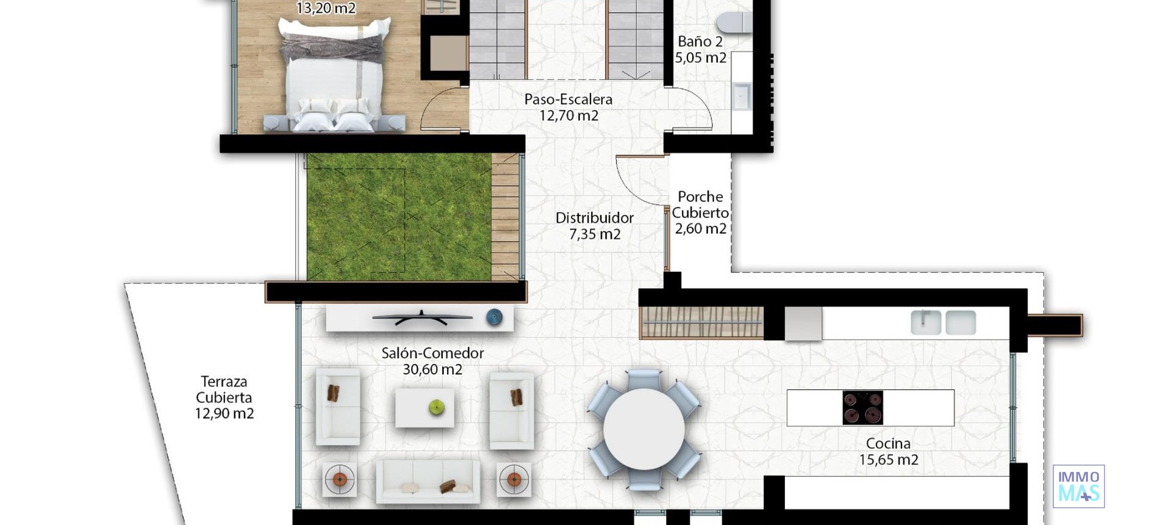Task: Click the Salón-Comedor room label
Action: (x=432, y=353)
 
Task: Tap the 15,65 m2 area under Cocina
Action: (x=888, y=460)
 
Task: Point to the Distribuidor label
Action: (x=594, y=218)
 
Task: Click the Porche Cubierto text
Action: (x=700, y=205)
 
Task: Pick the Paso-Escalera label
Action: (x=568, y=100)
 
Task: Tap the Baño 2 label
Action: (x=700, y=42)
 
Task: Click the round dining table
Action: (x=643, y=429)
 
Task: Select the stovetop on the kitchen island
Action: (x=862, y=408)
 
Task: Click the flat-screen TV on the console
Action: (x=422, y=317)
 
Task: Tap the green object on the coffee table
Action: (x=436, y=407)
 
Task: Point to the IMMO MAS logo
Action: (x=1078, y=486)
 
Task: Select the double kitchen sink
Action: (x=943, y=322)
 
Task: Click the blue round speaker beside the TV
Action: (x=494, y=317)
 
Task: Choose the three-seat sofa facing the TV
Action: (x=427, y=481)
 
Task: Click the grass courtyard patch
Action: (x=398, y=217)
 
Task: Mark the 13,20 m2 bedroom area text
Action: (x=326, y=8)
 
